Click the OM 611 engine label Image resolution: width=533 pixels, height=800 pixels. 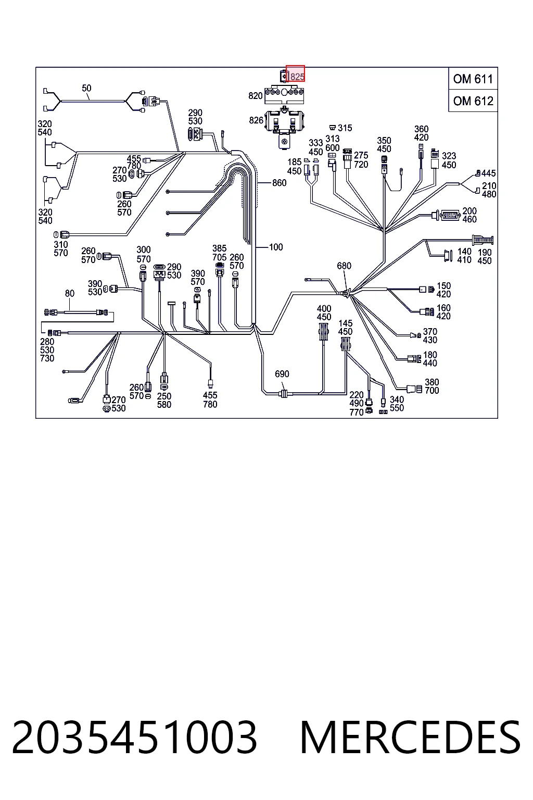(x=473, y=79)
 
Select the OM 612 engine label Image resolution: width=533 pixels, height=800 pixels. (x=473, y=101)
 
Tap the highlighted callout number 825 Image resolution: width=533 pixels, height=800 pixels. (x=297, y=77)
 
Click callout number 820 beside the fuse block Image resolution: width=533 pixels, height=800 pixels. (x=255, y=96)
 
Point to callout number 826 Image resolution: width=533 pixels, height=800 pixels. (x=256, y=120)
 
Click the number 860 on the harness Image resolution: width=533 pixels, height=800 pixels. (x=279, y=183)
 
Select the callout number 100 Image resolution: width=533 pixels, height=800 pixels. (x=275, y=247)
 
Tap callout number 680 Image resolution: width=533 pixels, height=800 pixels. (x=344, y=266)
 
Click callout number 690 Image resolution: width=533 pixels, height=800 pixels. (x=282, y=374)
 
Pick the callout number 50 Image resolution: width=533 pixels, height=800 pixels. (x=86, y=88)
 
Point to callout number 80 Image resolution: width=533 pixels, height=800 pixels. (x=70, y=294)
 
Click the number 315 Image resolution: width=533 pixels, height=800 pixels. (x=345, y=128)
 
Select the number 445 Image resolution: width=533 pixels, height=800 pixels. (x=488, y=173)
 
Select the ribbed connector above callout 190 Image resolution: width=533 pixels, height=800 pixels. (x=483, y=240)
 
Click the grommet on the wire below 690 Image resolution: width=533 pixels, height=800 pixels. (x=284, y=394)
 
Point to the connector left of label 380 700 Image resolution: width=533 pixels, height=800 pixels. (x=415, y=389)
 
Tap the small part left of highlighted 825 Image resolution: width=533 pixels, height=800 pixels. (x=284, y=76)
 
